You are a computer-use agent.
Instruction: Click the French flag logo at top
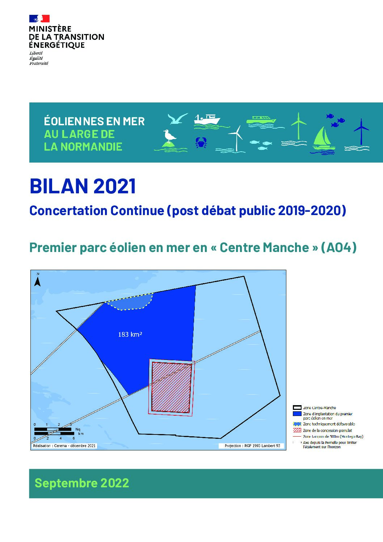click(39, 18)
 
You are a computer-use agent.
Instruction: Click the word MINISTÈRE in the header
click(50, 29)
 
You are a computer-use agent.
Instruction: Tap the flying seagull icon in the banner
click(177, 119)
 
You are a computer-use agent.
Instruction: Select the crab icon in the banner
click(201, 142)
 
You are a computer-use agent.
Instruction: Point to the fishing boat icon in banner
click(207, 120)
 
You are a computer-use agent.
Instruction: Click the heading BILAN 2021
click(83, 186)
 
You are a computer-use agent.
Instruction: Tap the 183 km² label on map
click(130, 335)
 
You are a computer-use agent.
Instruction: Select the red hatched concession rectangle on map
click(171, 387)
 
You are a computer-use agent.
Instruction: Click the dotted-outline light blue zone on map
click(130, 302)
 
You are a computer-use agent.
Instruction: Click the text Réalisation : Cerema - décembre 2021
click(64, 446)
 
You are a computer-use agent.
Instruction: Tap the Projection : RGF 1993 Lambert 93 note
click(252, 446)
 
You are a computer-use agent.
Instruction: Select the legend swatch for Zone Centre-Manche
click(297, 408)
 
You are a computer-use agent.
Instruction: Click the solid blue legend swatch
click(297, 413)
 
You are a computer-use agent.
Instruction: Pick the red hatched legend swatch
click(297, 430)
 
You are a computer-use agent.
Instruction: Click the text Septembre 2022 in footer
click(82, 483)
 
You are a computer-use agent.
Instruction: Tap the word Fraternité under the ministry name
click(39, 63)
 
